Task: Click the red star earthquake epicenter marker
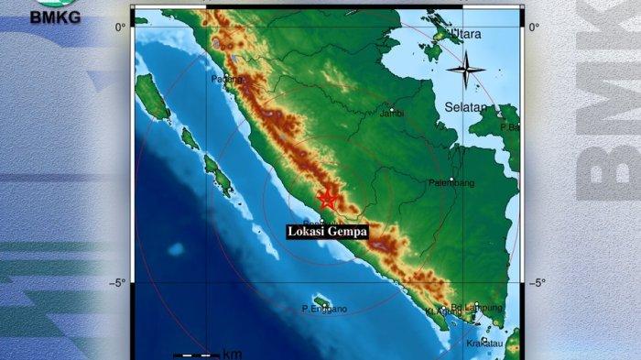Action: point(327,199)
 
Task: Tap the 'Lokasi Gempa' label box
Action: point(327,232)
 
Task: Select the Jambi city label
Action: point(392,114)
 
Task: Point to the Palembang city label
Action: point(451,183)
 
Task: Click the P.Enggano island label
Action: point(324,309)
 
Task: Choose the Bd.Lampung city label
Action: point(477,307)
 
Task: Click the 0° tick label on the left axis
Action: point(120,26)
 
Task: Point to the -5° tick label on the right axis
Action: point(537,282)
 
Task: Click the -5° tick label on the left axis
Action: point(116,282)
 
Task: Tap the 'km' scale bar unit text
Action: point(232,354)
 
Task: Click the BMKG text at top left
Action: point(55,16)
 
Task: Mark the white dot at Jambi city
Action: point(391,106)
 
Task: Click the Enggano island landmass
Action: point(321,300)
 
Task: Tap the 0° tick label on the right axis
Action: point(533,26)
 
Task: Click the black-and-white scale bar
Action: point(196,355)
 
